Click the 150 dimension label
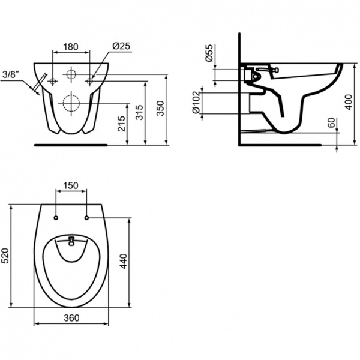point(71,187)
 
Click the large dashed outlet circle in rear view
point(71,103)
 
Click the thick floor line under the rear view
point(71,145)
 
